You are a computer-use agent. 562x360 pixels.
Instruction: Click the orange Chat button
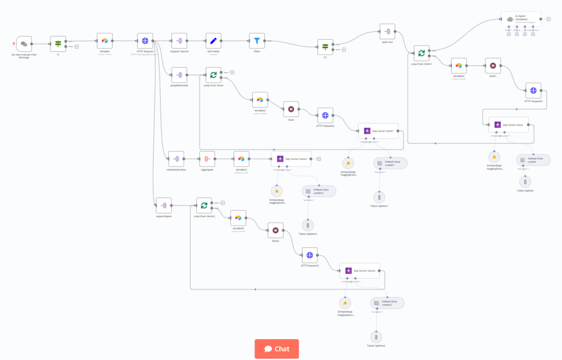click(x=277, y=349)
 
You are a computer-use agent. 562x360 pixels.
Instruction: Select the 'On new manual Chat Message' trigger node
click(x=24, y=44)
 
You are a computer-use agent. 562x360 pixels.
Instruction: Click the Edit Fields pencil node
click(x=213, y=41)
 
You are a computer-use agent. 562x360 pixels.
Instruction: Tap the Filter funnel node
click(x=257, y=41)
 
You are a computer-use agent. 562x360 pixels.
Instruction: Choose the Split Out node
click(x=387, y=32)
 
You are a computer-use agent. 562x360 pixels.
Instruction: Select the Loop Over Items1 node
click(x=421, y=53)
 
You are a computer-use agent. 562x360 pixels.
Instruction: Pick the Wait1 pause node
click(x=493, y=66)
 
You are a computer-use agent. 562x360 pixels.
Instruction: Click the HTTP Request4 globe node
click(x=533, y=90)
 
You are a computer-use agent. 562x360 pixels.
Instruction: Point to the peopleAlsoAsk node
click(x=179, y=75)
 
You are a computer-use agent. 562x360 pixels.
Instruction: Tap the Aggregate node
click(x=207, y=159)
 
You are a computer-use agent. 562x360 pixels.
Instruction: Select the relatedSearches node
click(x=176, y=159)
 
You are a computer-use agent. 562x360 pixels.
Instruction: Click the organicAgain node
click(x=163, y=205)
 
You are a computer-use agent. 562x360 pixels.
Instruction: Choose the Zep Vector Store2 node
click(x=359, y=271)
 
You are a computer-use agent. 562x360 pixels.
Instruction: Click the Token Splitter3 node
click(x=308, y=225)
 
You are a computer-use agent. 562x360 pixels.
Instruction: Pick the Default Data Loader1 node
click(x=390, y=163)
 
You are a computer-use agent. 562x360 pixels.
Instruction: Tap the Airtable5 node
click(x=238, y=218)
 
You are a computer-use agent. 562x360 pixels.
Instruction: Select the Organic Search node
click(x=179, y=41)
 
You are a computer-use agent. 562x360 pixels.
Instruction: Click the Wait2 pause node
click(x=275, y=230)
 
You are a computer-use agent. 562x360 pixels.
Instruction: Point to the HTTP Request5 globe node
click(x=310, y=255)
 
